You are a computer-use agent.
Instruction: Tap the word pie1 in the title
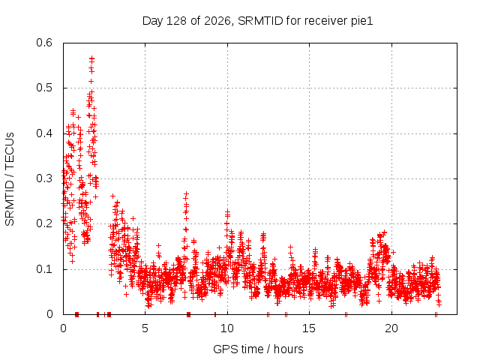tap(363, 21)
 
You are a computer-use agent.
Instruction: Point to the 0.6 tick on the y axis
tap(44, 43)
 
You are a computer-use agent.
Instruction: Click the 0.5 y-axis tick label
tap(44, 88)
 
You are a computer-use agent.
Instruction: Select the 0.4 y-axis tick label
tap(44, 133)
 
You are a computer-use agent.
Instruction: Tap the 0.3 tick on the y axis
tap(44, 178)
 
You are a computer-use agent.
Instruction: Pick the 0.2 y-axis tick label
tap(44, 223)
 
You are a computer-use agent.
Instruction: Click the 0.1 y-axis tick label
tap(44, 269)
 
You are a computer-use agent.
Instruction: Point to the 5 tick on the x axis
tap(145, 328)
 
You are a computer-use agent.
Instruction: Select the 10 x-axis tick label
tap(227, 328)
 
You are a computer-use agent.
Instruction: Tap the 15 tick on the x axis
tap(309, 328)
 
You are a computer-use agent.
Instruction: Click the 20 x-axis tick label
tap(391, 328)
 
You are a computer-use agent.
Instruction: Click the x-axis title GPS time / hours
tap(258, 349)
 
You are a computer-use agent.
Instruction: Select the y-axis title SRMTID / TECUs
tap(10, 179)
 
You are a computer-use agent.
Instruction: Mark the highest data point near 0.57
tap(91, 58)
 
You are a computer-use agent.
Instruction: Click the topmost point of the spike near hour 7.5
tap(186, 193)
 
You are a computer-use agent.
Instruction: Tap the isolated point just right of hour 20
tap(394, 252)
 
